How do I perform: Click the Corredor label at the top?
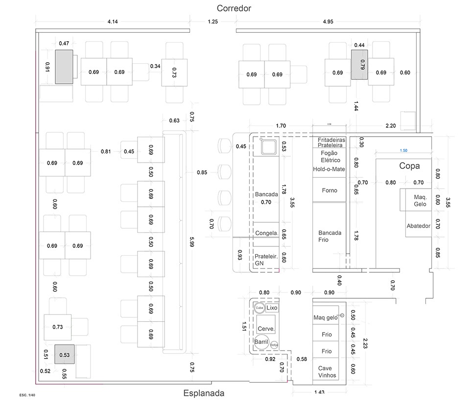[234, 8]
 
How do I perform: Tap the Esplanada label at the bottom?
[204, 393]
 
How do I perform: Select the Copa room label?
[409, 166]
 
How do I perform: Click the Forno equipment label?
[329, 191]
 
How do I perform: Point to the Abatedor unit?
[418, 226]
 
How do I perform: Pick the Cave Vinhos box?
[327, 372]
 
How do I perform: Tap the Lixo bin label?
[272, 308]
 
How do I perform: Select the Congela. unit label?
[266, 234]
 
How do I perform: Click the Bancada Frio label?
[330, 236]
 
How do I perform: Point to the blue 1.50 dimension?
[404, 151]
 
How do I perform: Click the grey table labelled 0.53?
[65, 355]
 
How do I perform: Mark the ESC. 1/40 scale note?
[27, 394]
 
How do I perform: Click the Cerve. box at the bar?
[266, 329]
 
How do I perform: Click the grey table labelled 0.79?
[359, 65]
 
